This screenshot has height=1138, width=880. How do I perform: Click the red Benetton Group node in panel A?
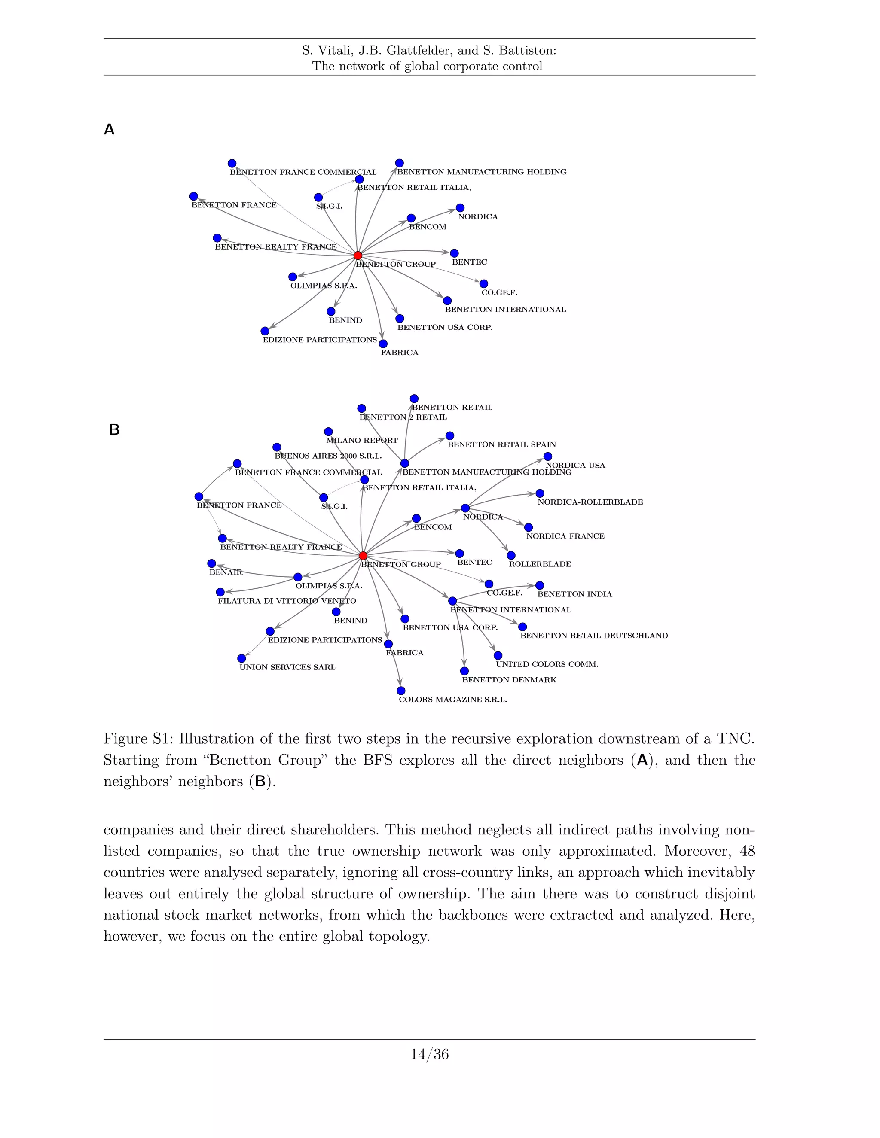[x=357, y=256]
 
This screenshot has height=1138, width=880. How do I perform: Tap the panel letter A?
[x=109, y=130]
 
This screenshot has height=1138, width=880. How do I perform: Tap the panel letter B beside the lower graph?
[x=114, y=430]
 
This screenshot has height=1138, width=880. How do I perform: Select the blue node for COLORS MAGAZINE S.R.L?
[x=401, y=691]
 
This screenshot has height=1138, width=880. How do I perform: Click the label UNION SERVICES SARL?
[x=287, y=667]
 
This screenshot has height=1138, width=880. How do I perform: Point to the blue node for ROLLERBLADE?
[x=511, y=555]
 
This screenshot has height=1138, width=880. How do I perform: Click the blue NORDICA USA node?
[x=548, y=456]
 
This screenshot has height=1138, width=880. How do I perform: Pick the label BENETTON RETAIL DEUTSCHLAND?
[x=594, y=636]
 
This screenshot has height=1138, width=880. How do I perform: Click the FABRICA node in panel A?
[x=383, y=344]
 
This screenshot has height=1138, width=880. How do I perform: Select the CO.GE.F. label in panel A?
[x=499, y=293]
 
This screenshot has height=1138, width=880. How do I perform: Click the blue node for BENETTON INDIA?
[x=540, y=586]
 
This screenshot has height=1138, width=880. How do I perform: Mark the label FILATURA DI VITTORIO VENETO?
[x=287, y=601]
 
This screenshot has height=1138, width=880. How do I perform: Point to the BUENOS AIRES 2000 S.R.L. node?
[x=277, y=447]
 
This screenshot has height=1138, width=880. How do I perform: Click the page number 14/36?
[x=429, y=1055]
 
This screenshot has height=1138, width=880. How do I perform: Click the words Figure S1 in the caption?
[x=137, y=739]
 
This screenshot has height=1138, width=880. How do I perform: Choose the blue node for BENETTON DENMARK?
[x=464, y=671]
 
